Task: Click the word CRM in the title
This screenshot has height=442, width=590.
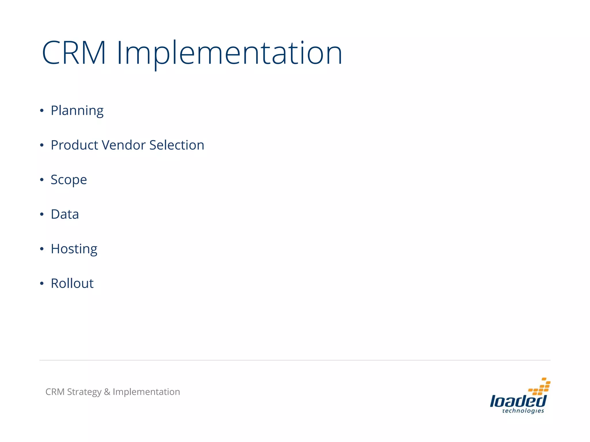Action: click(x=74, y=53)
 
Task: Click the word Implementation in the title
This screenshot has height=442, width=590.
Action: click(x=229, y=53)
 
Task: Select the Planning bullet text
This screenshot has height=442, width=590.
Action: click(x=77, y=111)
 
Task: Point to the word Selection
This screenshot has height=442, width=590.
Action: click(x=177, y=145)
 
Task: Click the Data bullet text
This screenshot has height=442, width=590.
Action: click(x=65, y=214)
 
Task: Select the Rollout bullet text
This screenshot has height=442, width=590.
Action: click(x=72, y=283)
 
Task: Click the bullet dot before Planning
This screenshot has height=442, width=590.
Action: click(x=42, y=110)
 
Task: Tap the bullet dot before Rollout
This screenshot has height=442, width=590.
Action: click(x=42, y=283)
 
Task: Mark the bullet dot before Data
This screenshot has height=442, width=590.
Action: click(x=42, y=214)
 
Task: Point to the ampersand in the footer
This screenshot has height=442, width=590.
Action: click(x=107, y=392)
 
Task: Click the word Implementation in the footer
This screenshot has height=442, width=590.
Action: click(x=146, y=392)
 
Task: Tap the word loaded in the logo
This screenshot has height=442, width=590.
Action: click(x=518, y=401)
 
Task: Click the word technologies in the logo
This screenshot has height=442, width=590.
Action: click(x=523, y=411)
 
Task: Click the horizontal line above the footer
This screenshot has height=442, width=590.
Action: click(x=295, y=360)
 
